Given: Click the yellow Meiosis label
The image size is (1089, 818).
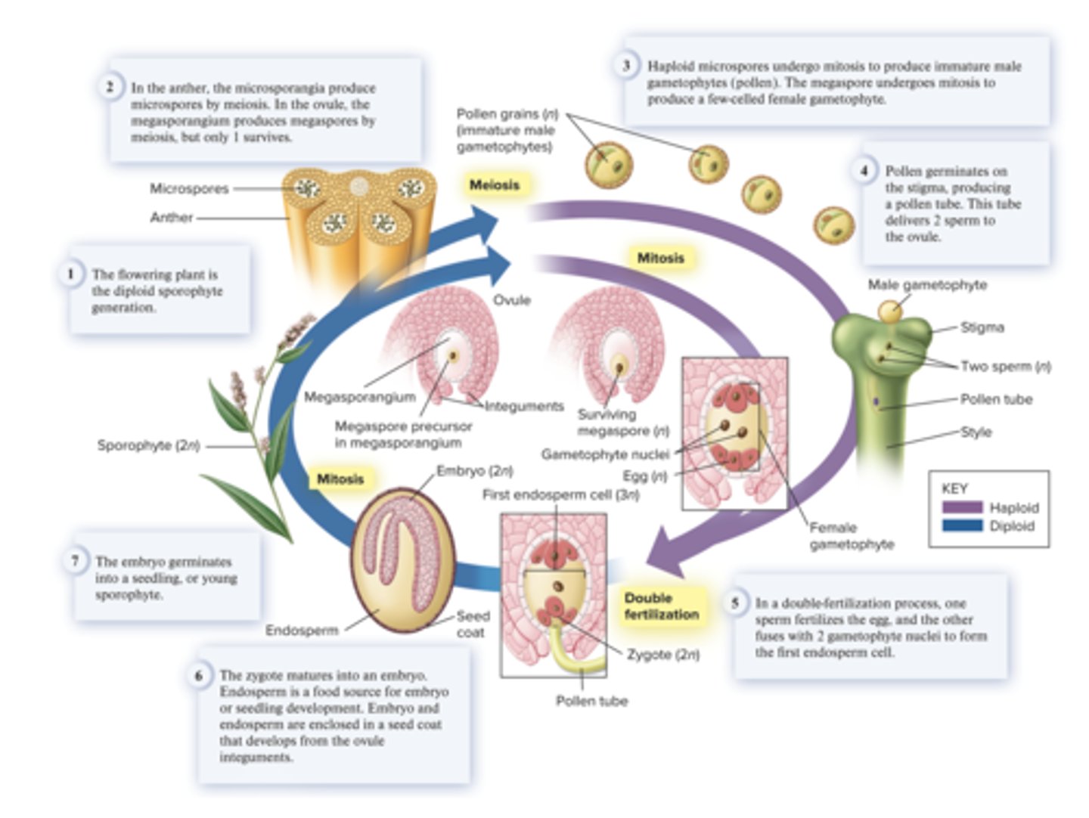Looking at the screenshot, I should [494, 184].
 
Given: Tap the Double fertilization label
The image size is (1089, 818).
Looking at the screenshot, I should [660, 606].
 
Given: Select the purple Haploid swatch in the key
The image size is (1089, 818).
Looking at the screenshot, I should [962, 507].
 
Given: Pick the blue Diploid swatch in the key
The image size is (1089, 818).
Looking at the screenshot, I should [962, 525].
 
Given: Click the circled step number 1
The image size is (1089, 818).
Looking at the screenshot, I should [71, 273].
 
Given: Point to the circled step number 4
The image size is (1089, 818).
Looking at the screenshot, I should [864, 170].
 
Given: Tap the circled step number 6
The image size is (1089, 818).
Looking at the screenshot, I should [199, 674].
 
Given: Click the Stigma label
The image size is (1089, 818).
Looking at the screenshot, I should [982, 327].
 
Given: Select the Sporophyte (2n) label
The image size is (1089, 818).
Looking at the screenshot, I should [148, 445].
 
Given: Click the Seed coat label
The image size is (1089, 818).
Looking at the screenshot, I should [473, 624].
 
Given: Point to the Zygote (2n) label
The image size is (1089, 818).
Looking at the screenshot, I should [662, 654].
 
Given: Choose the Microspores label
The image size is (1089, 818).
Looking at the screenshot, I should [189, 188].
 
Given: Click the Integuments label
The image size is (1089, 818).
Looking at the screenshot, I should [523, 406].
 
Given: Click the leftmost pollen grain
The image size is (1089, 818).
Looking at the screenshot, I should [608, 164].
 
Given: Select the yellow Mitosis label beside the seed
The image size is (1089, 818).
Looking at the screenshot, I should [340, 479].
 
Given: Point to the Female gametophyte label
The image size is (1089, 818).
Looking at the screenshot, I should [852, 536].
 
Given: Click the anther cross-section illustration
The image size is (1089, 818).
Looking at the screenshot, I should [359, 219].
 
